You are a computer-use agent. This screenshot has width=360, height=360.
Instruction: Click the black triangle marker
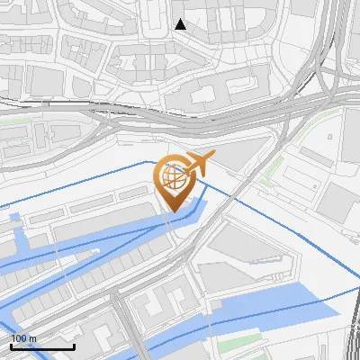point(181,24)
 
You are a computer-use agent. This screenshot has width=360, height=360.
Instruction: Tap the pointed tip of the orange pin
point(172,211)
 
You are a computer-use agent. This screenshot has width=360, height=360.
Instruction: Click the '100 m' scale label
point(23,338)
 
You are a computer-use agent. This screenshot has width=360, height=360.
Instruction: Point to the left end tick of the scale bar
point(11,346)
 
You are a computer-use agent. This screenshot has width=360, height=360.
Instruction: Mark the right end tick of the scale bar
point(74,346)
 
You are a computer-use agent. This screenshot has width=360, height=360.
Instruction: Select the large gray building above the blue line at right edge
point(337,202)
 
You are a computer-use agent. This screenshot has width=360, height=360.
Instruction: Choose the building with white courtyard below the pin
point(166,297)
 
